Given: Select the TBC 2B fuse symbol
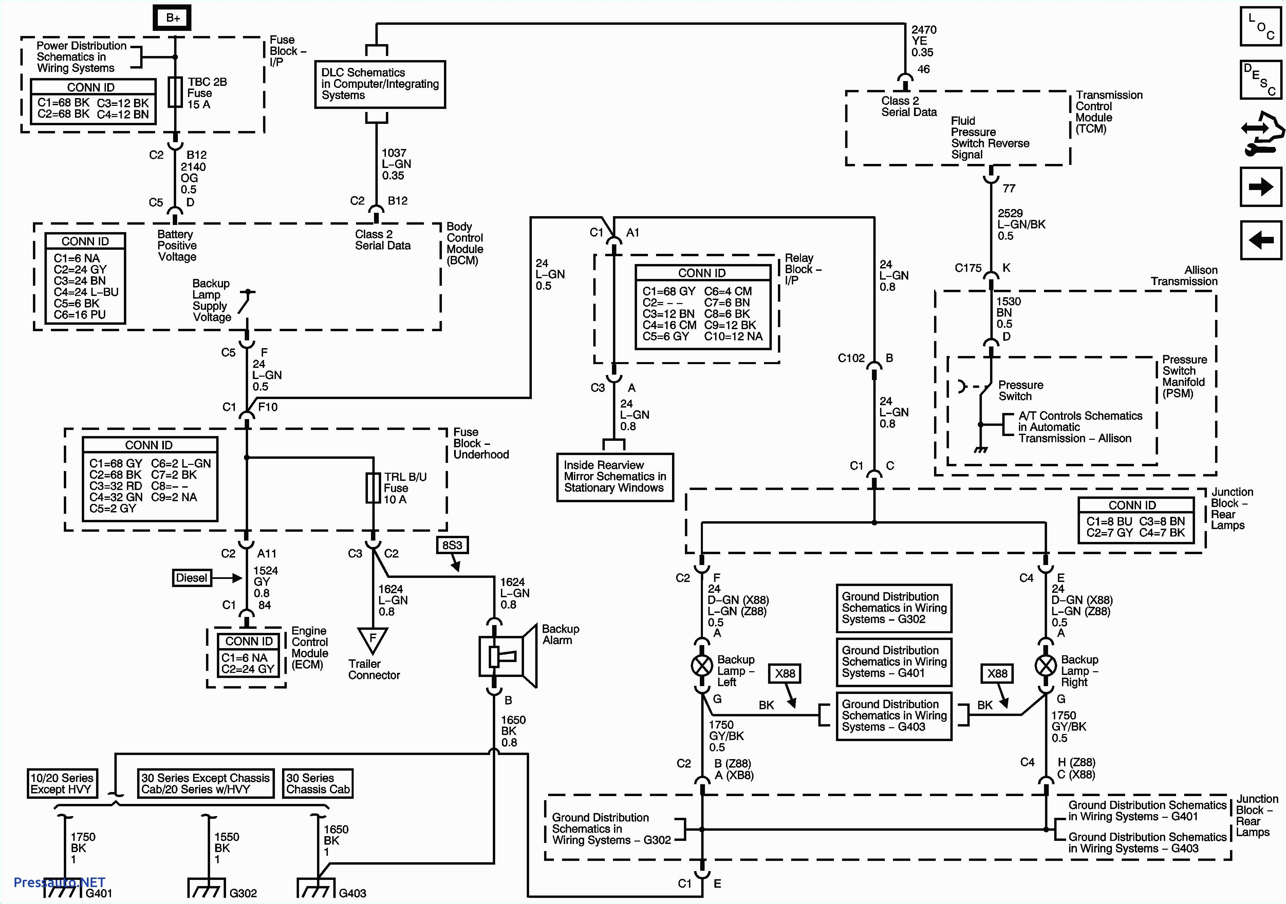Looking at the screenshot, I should point(175,92).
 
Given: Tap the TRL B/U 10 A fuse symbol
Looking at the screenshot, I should point(373,488).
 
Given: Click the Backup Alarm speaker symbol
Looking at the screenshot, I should point(507,656).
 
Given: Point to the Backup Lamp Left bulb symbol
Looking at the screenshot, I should point(702,665).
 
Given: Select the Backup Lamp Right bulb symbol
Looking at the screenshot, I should point(1045,665).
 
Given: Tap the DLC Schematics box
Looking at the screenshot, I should point(380,84).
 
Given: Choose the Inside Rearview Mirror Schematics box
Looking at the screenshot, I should point(614,477).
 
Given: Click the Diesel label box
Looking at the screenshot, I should point(191,578).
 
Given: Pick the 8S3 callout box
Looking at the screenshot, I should point(452,545).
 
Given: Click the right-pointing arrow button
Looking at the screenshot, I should point(1260,187).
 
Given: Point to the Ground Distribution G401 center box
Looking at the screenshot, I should point(893,661).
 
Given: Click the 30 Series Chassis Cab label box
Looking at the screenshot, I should point(318,783).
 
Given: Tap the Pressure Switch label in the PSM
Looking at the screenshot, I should point(1021,390).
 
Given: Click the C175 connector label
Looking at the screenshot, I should point(968,268).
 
